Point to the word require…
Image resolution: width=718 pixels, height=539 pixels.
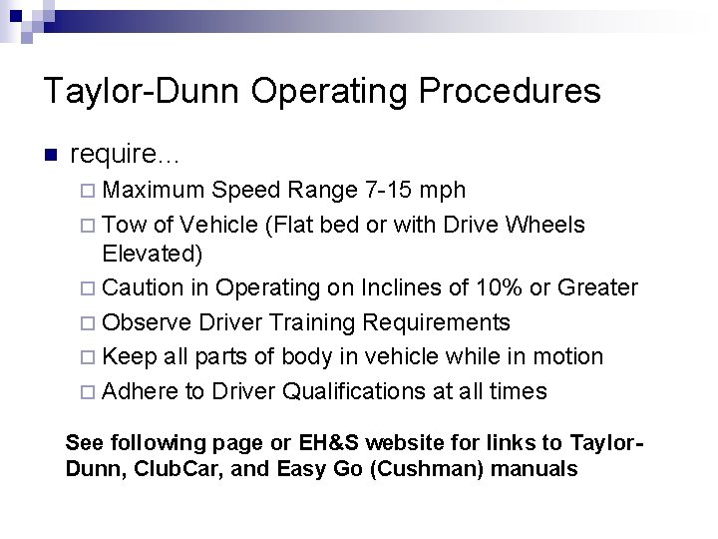pyautogui.click(x=127, y=154)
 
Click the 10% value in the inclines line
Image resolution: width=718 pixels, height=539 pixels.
pyautogui.click(x=468, y=288)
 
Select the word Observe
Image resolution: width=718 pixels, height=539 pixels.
pyautogui.click(x=148, y=322)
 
